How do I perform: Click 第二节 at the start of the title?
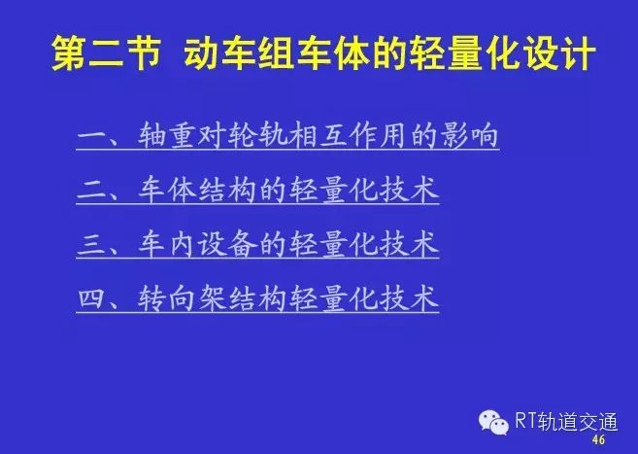pyautogui.click(x=106, y=53)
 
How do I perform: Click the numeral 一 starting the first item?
pyautogui.click(x=92, y=135)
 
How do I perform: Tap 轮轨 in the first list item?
pyautogui.click(x=255, y=134)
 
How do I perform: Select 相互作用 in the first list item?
pyautogui.click(x=346, y=134)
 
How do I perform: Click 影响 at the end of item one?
pyautogui.click(x=468, y=134)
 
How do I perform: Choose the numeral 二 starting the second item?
pyautogui.click(x=92, y=191)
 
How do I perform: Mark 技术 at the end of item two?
pyautogui.click(x=409, y=190)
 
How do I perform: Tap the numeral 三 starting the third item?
pyautogui.click(x=92, y=244)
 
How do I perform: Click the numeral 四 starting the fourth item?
pyautogui.click(x=92, y=298)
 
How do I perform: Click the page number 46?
pyautogui.click(x=598, y=439)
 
